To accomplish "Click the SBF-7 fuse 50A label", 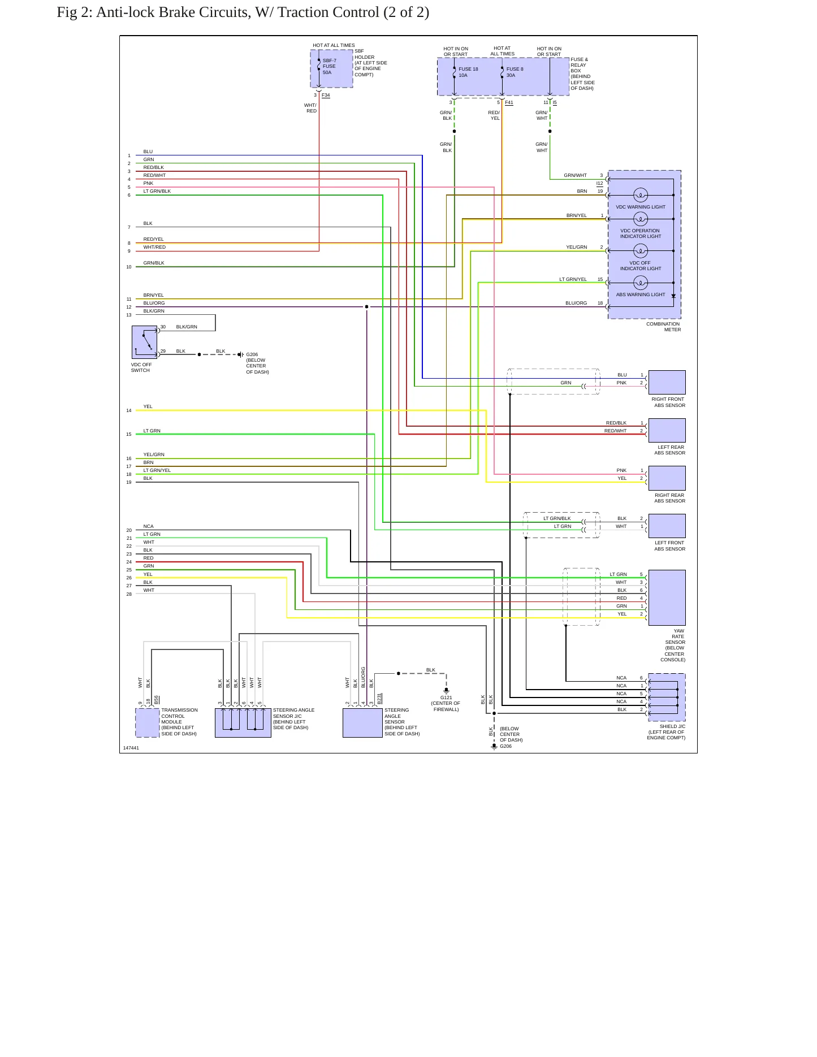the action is [x=329, y=67].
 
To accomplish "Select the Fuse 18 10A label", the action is [x=468, y=72].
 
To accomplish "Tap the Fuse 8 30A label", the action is [x=515, y=72].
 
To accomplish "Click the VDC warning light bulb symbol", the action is [x=641, y=195].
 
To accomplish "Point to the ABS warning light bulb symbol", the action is [x=641, y=283].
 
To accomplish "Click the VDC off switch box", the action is [x=144, y=342].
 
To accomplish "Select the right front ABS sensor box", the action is [x=667, y=383].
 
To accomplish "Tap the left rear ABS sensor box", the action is [x=667, y=430].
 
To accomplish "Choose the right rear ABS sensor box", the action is [x=667, y=478].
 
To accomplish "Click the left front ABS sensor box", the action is [x=667, y=526].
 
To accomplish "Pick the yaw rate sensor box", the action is [x=667, y=597].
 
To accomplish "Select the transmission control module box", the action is [x=148, y=723].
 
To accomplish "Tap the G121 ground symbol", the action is [x=446, y=691].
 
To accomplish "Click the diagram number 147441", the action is [x=131, y=748].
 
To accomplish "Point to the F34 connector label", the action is [x=326, y=95].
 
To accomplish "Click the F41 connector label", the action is [x=509, y=102].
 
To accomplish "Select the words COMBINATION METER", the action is [x=663, y=327].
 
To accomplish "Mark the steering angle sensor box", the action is [x=362, y=723].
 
